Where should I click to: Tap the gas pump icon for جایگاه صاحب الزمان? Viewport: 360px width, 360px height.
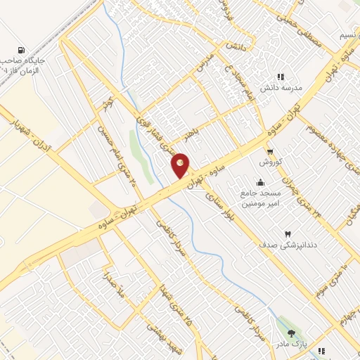(x=22, y=51)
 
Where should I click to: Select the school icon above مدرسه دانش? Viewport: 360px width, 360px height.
(x=281, y=77)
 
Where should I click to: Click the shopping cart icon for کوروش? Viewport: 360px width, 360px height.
(x=270, y=151)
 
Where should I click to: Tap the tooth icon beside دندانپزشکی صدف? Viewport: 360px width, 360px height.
(x=287, y=233)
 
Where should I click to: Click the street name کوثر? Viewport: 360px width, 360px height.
(x=108, y=106)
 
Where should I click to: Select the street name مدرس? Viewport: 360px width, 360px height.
(x=204, y=65)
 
